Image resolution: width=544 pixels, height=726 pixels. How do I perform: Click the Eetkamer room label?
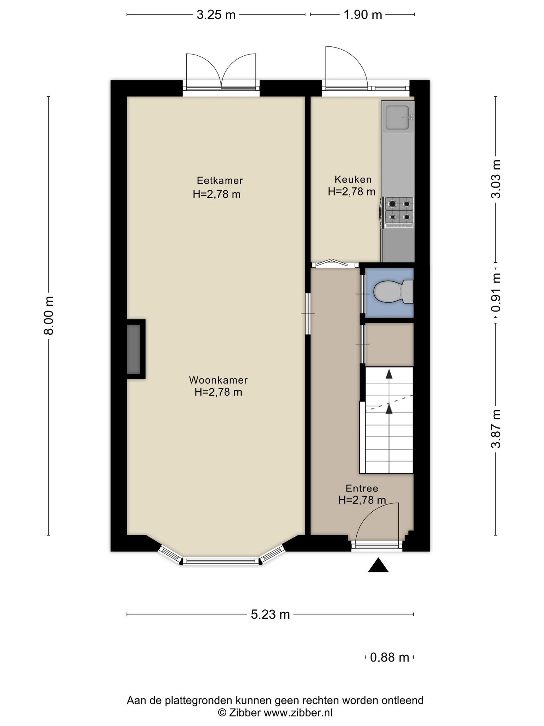(x=220, y=180)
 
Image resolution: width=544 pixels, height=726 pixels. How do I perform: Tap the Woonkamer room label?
(x=218, y=380)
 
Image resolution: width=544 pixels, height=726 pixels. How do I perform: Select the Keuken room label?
(x=353, y=179)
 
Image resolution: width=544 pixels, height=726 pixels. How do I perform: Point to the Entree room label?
(x=362, y=488)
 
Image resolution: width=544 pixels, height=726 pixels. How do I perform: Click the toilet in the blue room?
(x=393, y=292)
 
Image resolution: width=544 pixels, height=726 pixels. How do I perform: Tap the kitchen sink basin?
(x=398, y=118)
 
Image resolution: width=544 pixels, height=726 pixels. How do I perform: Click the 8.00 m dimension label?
(x=48, y=315)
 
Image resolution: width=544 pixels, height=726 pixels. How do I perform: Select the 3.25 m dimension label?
(x=216, y=15)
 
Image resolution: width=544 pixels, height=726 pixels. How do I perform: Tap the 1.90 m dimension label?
(x=363, y=15)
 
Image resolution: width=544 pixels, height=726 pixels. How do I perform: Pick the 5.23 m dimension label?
(x=270, y=614)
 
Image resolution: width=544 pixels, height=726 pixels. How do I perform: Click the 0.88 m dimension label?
(x=390, y=658)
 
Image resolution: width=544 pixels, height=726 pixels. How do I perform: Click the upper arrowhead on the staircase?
(x=389, y=373)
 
